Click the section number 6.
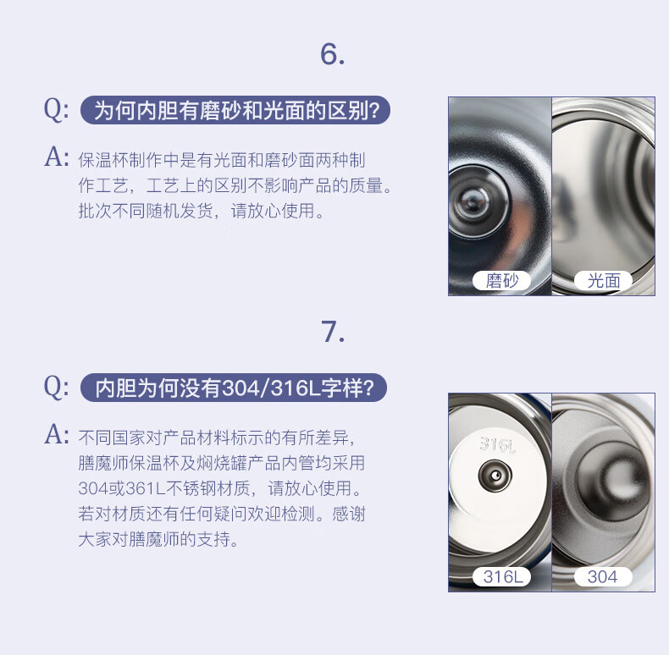tap(332, 54)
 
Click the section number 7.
tap(332, 332)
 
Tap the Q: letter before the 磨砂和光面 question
tap(56, 110)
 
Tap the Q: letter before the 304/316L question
tap(56, 388)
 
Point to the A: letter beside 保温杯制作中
tap(57, 157)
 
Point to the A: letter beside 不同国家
tap(57, 434)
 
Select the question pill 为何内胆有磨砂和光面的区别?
tap(235, 110)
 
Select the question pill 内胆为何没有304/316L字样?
tap(234, 388)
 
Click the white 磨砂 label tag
tap(501, 281)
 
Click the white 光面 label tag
tap(603, 281)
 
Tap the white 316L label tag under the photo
tap(501, 577)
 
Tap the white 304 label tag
tap(602, 577)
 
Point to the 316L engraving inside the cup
tap(497, 445)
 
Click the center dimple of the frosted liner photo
tap(472, 202)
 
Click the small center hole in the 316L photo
tap(495, 475)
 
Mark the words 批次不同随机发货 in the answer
tap(146, 211)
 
